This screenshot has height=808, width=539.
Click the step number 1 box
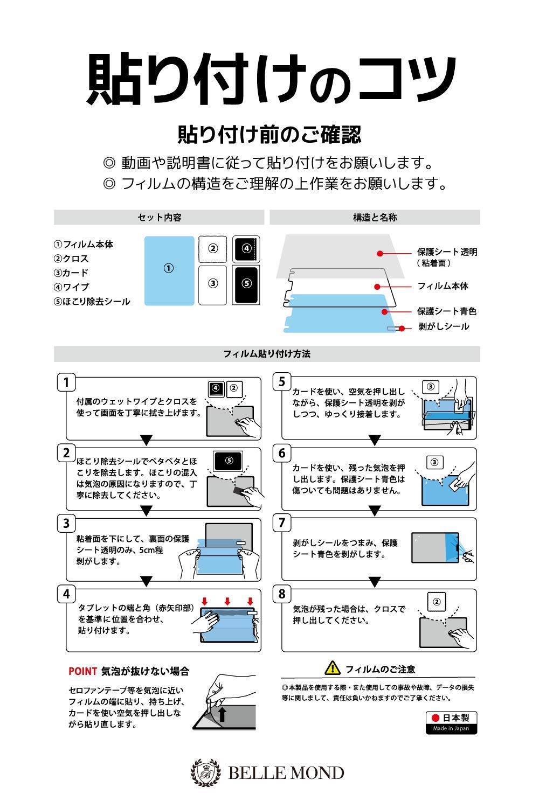coord(66,382)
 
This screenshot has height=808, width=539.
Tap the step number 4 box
coord(66,594)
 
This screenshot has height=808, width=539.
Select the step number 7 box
coord(282,523)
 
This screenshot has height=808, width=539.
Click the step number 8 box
coord(282,594)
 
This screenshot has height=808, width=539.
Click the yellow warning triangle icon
coord(333,668)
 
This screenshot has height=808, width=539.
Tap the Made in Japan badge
coord(451,722)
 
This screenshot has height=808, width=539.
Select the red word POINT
coord(82,671)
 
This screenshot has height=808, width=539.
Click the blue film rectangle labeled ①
coord(169,270)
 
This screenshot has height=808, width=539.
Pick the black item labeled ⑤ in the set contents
coord(246,284)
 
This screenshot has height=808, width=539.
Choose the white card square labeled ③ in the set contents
coord(213,284)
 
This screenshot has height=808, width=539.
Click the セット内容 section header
coord(159,218)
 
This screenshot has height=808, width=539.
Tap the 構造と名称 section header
coord(375,218)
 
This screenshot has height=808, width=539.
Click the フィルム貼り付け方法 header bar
coord(267,354)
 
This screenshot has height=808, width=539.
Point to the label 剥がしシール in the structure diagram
coord(444,326)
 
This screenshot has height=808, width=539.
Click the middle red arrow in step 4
coord(227,601)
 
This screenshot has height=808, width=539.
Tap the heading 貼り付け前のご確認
coord(269,135)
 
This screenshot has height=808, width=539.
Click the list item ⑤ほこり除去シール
coord(92,302)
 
